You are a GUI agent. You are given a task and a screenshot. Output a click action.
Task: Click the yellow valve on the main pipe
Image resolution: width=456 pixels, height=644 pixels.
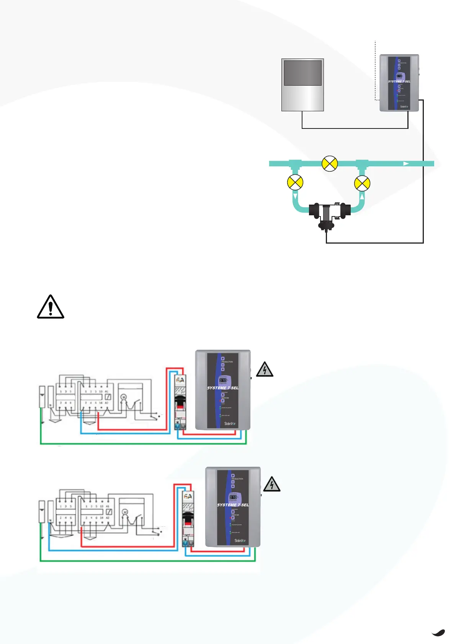[330, 164]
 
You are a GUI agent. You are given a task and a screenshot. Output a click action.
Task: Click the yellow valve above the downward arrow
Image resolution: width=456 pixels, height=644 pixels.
[295, 182]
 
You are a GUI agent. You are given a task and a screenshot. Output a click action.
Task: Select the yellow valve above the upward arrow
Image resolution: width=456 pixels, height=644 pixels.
[362, 183]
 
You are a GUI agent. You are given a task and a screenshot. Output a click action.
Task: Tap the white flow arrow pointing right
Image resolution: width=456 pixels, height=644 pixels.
[406, 164]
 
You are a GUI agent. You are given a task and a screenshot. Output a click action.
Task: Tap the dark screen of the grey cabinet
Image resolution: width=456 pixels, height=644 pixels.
[302, 73]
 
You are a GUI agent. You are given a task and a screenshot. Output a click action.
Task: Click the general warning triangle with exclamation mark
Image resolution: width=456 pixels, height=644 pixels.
[51, 307]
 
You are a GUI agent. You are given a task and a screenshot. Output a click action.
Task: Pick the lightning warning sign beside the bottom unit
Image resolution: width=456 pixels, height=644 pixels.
[272, 485]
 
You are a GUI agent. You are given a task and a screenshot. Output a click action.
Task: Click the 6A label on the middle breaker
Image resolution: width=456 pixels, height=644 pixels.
[180, 380]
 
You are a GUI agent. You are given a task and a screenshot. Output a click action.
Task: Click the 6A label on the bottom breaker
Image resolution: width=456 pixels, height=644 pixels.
[188, 496]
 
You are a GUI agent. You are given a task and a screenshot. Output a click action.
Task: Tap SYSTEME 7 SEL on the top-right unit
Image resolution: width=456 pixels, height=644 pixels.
[399, 81]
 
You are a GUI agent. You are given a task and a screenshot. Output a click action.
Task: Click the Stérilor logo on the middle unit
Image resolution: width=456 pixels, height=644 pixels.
[230, 423]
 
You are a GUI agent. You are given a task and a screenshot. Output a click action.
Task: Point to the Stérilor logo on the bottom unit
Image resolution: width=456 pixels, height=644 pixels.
[240, 540]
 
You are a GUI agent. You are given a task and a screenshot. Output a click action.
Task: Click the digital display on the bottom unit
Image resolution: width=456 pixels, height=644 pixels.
[233, 497]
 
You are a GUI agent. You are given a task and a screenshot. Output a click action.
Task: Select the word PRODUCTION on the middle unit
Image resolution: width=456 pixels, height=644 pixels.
[227, 362]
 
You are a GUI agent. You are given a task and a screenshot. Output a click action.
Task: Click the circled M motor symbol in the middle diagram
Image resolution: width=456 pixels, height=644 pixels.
[124, 397]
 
